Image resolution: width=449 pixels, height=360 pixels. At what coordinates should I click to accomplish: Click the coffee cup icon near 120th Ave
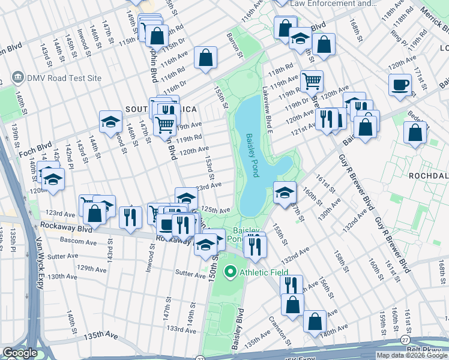[x=400, y=85]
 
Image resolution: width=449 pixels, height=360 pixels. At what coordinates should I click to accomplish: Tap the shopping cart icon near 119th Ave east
[x=311, y=80]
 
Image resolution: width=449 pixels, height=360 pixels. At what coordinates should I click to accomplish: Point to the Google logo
[x=20, y=353]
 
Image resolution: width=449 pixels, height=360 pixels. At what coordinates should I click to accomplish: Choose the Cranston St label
[x=280, y=328]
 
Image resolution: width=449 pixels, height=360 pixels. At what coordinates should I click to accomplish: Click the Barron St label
[x=235, y=46]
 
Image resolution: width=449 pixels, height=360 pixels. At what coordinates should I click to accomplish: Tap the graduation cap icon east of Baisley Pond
[x=285, y=192]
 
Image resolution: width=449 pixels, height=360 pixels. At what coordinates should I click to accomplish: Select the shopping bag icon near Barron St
[x=206, y=59]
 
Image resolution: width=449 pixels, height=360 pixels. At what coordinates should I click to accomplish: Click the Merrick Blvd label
[x=435, y=20]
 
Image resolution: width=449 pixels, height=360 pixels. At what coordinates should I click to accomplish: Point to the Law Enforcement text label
[x=333, y=4]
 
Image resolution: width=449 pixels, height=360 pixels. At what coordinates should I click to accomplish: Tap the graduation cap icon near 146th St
[x=111, y=122]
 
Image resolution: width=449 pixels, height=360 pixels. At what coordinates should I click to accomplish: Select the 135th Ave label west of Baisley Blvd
[x=253, y=340]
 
